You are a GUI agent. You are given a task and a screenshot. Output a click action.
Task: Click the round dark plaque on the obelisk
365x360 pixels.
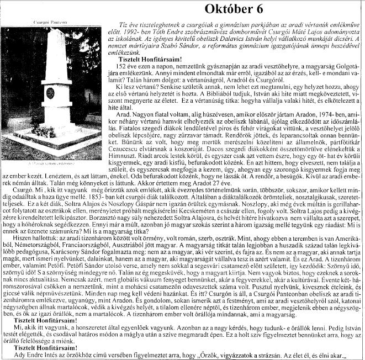click(x=50, y=93)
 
